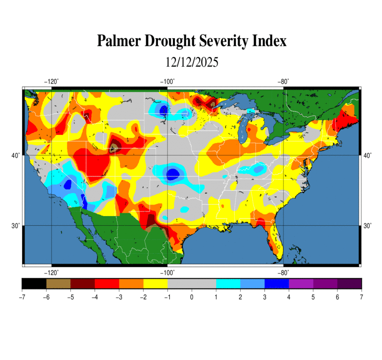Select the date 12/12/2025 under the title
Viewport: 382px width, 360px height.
point(191,62)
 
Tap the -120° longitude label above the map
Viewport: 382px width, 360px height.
point(51,82)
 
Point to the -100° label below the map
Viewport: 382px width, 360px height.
point(167,273)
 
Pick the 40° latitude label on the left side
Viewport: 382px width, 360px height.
point(15,155)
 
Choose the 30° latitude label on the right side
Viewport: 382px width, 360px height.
point(368,226)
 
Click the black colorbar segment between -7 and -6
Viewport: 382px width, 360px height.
point(34,283)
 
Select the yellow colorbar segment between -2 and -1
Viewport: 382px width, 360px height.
point(155,283)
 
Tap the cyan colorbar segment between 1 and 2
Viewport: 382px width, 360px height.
point(228,283)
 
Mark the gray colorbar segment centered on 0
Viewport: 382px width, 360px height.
point(191,283)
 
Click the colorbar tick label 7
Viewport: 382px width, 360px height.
point(361,297)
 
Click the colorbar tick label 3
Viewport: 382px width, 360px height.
point(265,297)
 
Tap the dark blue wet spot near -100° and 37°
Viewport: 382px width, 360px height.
point(173,174)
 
